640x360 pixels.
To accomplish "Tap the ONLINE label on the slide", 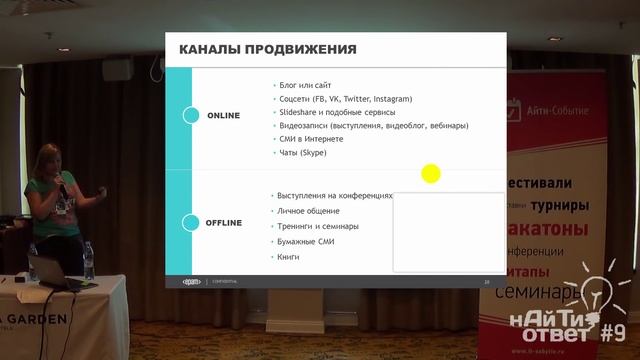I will point(223,116).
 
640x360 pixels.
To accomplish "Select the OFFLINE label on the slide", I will point(224,222).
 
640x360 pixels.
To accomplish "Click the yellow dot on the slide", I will point(431,174).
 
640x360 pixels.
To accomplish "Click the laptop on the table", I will point(50,270).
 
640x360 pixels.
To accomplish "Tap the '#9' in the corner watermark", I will point(612,331).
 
